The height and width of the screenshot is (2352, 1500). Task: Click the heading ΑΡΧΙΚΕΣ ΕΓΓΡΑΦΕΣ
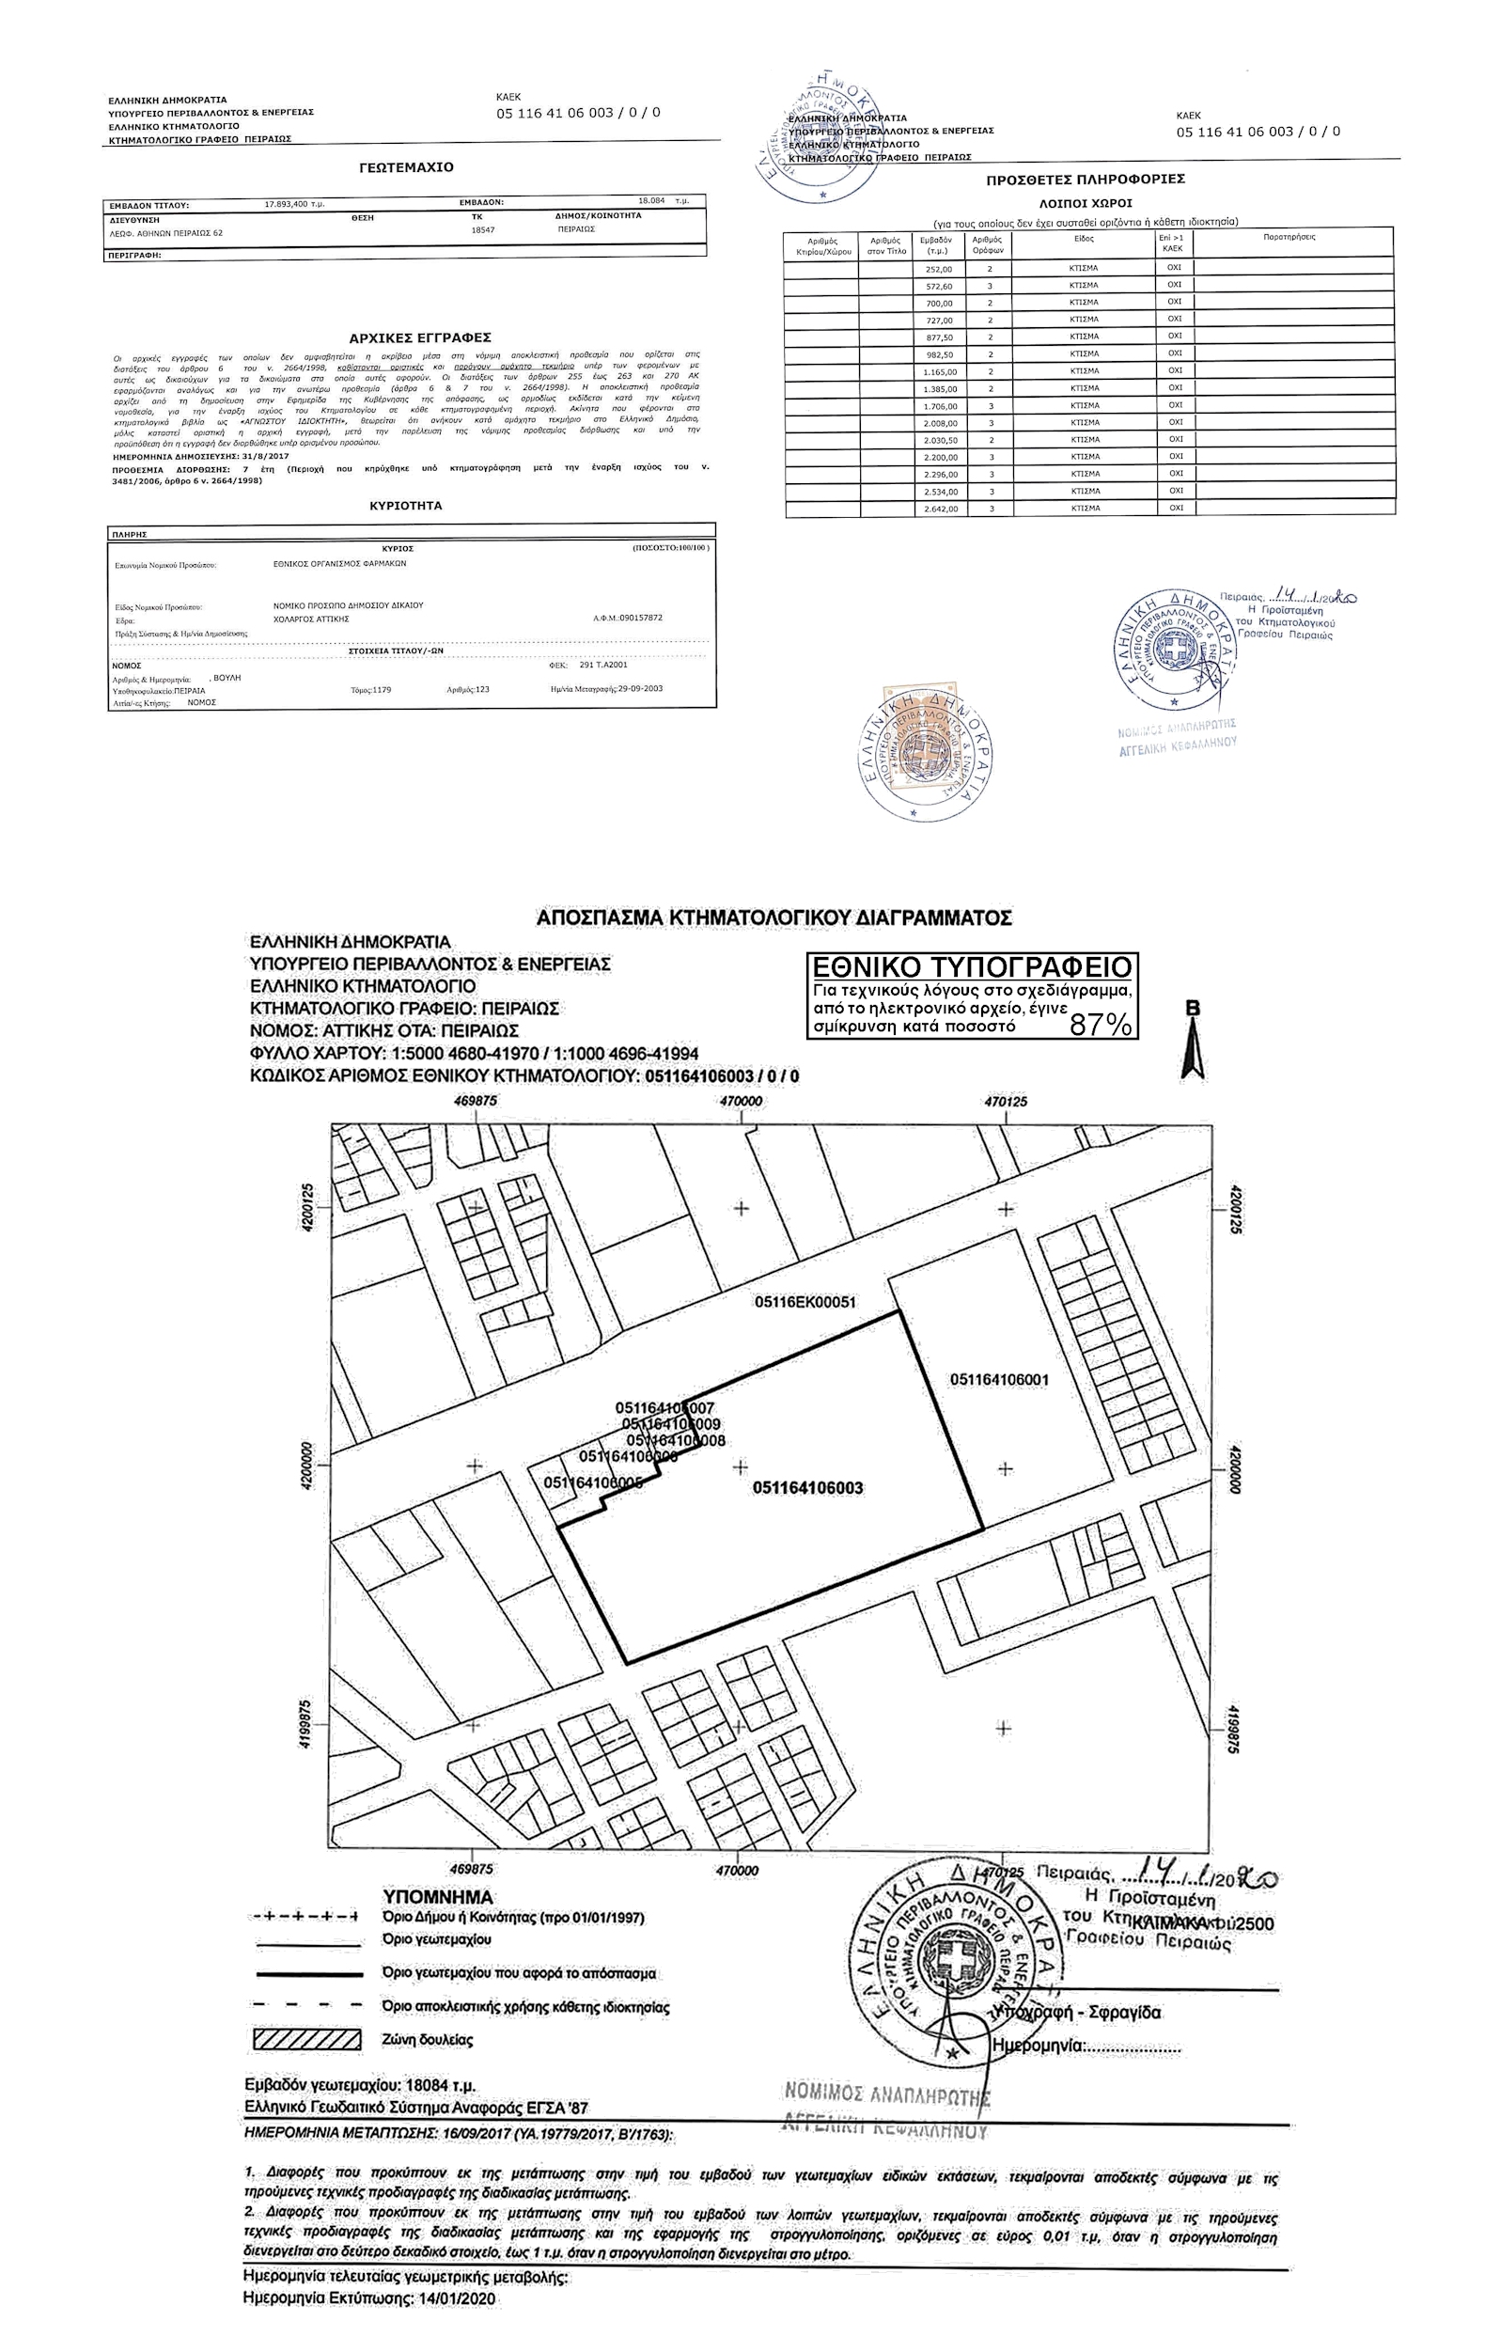(x=420, y=338)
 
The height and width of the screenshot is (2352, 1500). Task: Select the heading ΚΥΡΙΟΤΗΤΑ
(x=406, y=506)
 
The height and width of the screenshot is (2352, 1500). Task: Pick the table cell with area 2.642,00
(x=938, y=509)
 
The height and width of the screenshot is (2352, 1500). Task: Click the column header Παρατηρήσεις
(x=1289, y=237)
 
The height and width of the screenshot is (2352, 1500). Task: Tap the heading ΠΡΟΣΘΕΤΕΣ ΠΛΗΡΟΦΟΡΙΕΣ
(x=1086, y=180)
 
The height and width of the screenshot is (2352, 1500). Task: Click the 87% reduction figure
(x=1101, y=1025)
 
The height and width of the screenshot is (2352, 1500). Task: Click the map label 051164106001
(x=999, y=1380)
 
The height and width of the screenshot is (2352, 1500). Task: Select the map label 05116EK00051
(x=805, y=1302)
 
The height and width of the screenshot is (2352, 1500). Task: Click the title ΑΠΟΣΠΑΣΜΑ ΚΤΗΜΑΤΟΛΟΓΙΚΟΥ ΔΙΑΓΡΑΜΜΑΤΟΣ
(x=774, y=918)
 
